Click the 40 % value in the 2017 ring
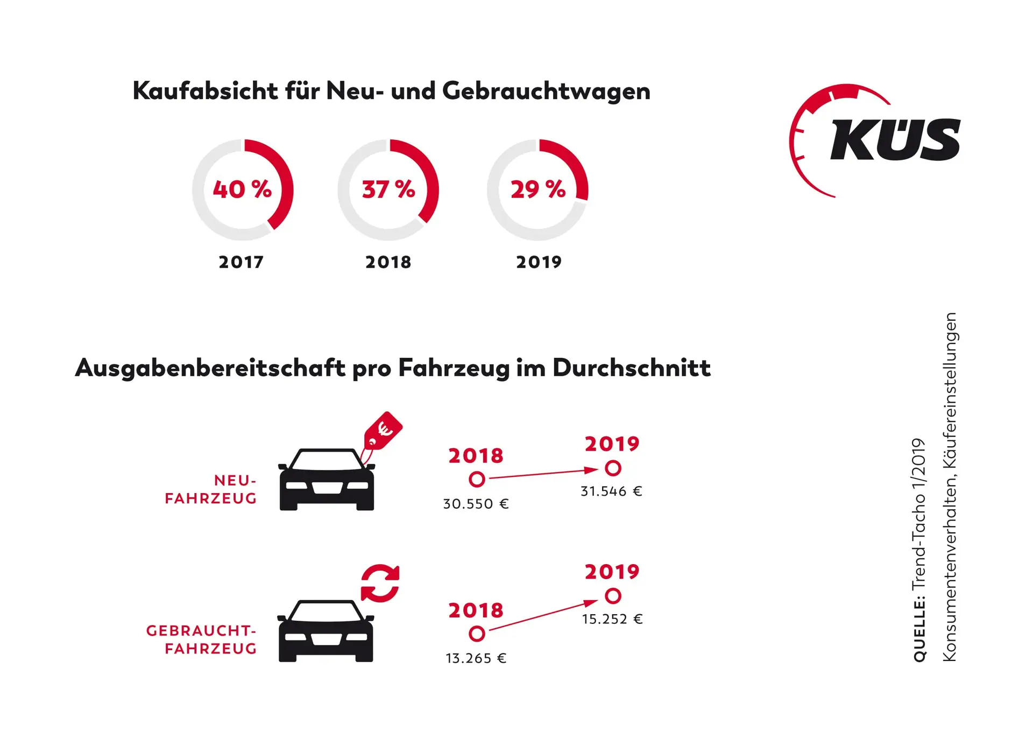[242, 189]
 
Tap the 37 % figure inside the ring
[388, 189]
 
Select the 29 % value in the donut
[538, 189]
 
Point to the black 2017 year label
[241, 262]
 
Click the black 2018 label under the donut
[388, 262]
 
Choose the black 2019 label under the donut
[539, 262]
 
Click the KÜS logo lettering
[895, 139]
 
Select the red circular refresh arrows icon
[380, 583]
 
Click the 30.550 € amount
[476, 504]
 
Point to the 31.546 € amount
[611, 491]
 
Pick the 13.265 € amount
[476, 658]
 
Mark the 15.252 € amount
[612, 619]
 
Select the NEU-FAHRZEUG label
[211, 489]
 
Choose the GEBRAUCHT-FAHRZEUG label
[202, 639]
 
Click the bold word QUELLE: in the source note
[919, 629]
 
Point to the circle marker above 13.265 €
[477, 634]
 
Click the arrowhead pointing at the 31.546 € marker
[591, 470]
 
